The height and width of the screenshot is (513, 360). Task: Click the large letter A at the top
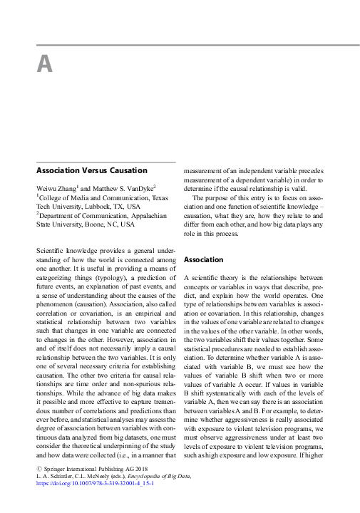click(45, 64)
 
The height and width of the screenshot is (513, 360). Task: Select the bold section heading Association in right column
click(204, 260)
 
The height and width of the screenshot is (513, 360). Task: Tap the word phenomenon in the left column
click(58, 316)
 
